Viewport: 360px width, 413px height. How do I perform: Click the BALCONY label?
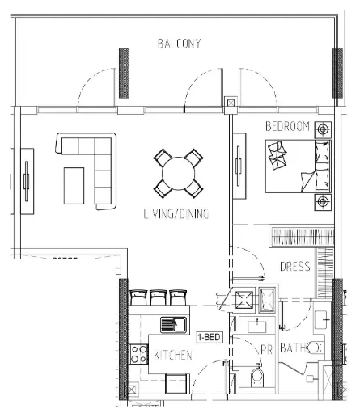click(180, 44)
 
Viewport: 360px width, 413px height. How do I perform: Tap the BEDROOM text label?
click(287, 126)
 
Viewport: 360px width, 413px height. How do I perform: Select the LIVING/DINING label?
click(176, 213)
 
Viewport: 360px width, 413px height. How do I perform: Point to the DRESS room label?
click(295, 267)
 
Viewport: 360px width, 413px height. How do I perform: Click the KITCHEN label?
click(173, 355)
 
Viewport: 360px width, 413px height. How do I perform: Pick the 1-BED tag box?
click(210, 337)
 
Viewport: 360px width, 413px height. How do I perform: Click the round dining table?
click(178, 174)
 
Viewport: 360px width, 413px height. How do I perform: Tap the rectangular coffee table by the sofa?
click(74, 186)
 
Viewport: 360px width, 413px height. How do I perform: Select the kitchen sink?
click(173, 325)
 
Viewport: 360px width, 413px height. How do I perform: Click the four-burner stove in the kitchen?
click(139, 354)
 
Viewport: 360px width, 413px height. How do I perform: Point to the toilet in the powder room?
click(257, 377)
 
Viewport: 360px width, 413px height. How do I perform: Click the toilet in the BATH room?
click(314, 348)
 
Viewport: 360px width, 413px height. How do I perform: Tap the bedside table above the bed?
click(323, 129)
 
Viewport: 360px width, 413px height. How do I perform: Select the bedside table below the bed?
click(323, 202)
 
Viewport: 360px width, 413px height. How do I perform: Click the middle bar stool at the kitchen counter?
click(159, 297)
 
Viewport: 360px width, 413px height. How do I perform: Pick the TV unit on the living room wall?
click(28, 181)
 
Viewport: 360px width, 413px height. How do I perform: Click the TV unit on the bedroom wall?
click(239, 166)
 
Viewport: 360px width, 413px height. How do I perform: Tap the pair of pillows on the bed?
click(322, 166)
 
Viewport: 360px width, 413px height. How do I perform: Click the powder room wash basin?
click(257, 326)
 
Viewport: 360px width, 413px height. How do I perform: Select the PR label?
click(267, 350)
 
